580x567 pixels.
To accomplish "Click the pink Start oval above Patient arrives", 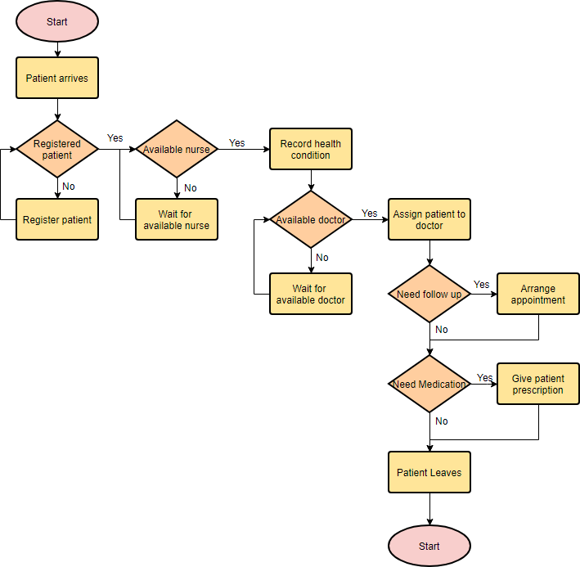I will (57, 22).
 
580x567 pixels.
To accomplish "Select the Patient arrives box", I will (57, 79).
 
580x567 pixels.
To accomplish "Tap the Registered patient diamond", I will (57, 149).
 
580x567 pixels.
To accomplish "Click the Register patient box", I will (57, 219).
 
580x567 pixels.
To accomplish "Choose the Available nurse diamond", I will (177, 149).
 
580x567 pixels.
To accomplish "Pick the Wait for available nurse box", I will (177, 219).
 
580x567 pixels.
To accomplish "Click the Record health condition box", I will (311, 149).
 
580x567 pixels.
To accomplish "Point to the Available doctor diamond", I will (311, 219).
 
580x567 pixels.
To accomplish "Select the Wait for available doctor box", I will (311, 295).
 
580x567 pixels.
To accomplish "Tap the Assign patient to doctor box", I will (429, 219).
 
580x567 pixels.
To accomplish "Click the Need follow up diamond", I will (429, 295).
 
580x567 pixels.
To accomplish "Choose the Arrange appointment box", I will (538, 295).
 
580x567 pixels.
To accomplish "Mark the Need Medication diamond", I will (429, 385).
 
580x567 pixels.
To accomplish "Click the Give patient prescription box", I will (538, 385).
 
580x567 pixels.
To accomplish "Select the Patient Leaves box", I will (429, 472).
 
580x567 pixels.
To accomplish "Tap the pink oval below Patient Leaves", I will (429, 546).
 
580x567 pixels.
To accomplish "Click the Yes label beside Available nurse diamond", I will (236, 143).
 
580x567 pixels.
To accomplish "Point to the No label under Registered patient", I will (69, 187).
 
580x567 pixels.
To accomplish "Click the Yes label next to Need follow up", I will (482, 285).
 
